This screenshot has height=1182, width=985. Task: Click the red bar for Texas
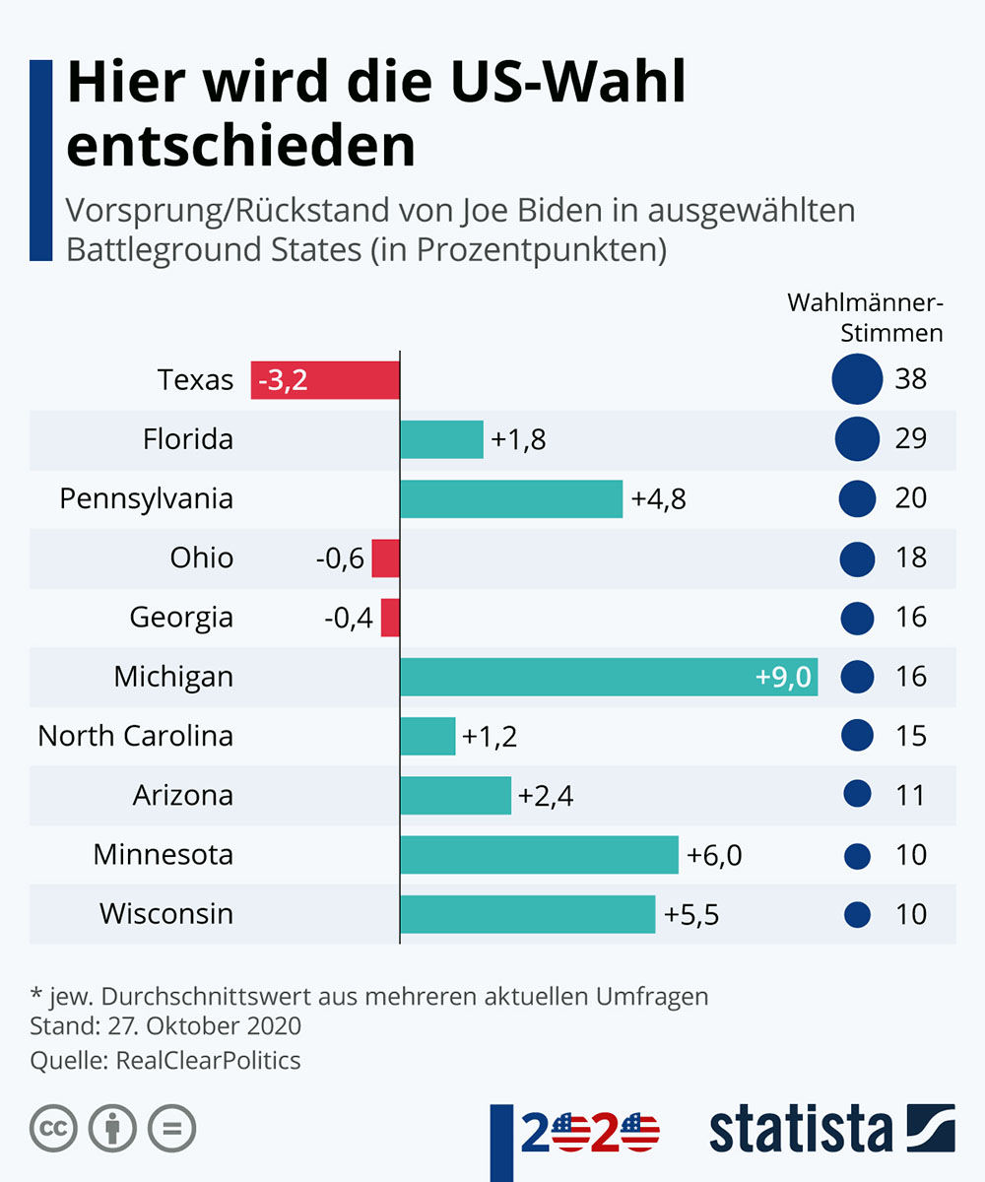325,379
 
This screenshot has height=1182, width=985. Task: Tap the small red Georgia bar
390,618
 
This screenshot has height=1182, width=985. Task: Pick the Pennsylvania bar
511,498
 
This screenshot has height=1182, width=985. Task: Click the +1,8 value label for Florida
518,439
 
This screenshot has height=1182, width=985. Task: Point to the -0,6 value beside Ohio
340,558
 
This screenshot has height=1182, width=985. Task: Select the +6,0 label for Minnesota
714,855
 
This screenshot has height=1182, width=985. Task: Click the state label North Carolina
136,736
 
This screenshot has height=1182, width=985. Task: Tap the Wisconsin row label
166,914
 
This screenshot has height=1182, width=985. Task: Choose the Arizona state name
183,795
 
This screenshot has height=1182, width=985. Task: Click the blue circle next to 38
856,379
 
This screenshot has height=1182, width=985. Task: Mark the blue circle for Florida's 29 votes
857,439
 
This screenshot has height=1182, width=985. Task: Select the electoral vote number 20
911,498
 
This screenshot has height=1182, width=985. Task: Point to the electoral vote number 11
911,795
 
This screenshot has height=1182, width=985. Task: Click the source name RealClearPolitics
209,1061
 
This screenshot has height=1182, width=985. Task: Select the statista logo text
800,1129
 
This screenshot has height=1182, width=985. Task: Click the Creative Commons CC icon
54,1129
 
